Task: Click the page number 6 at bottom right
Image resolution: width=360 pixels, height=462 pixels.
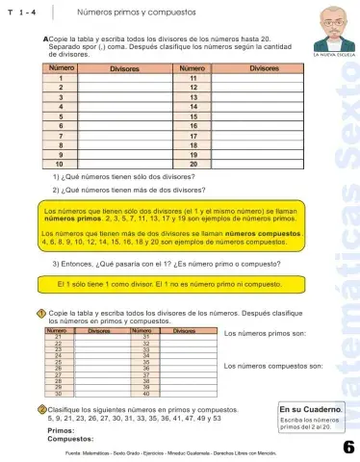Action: point(347,446)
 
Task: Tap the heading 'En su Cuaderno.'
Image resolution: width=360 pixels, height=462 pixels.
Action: point(306,409)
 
